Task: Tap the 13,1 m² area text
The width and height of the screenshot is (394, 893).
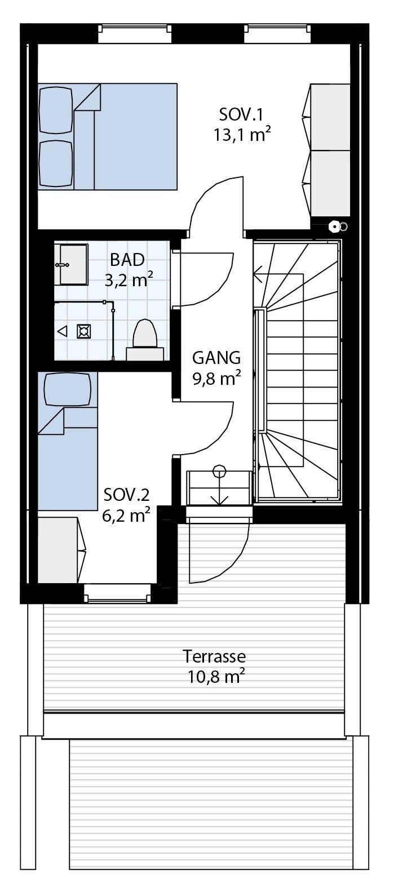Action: point(239,135)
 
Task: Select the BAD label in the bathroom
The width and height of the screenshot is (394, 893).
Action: point(127,260)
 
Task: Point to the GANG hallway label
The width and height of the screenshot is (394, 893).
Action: point(216,358)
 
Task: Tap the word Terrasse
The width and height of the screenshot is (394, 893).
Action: point(214,656)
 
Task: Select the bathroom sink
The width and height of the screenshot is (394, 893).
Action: point(72,264)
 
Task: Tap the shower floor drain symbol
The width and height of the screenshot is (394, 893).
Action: point(83,331)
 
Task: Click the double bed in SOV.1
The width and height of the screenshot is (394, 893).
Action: point(107,137)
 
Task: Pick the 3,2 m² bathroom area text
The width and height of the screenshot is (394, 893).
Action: point(128,280)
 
